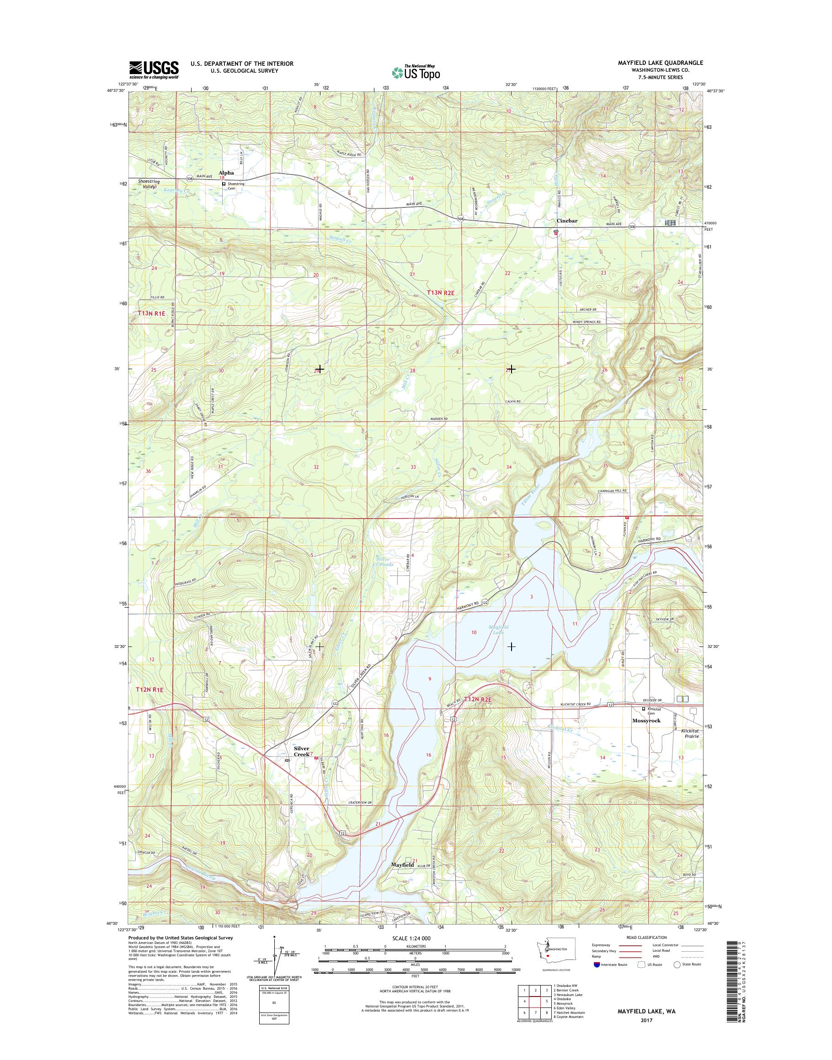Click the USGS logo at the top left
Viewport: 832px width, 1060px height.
pyautogui.click(x=154, y=69)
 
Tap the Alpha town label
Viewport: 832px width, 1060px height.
pyautogui.click(x=226, y=173)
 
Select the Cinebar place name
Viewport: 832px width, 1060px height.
pyautogui.click(x=567, y=221)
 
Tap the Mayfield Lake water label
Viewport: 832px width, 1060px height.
pyautogui.click(x=498, y=630)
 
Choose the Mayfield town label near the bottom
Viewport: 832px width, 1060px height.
pyautogui.click(x=403, y=865)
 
